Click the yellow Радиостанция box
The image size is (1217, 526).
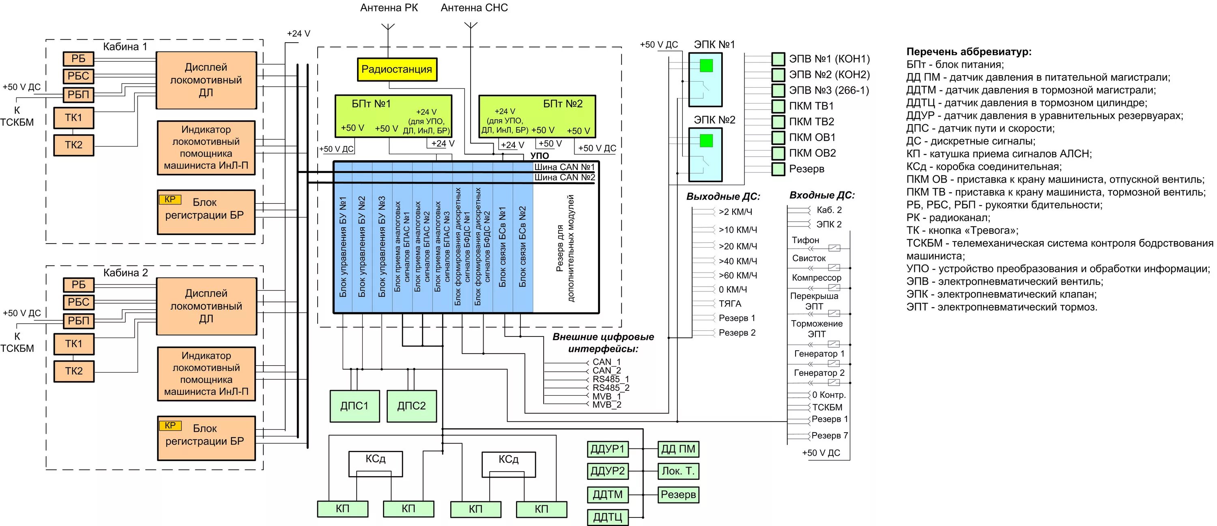397,69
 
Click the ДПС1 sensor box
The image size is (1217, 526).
354,406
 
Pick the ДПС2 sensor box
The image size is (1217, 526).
411,406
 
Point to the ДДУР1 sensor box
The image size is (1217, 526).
608,449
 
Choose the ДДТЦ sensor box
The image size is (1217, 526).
608,517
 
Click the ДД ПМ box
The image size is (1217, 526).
678,449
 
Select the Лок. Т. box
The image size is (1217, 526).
678,471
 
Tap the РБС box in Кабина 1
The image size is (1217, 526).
78,76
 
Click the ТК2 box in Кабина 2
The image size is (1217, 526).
74,371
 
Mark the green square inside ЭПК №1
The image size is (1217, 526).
706,65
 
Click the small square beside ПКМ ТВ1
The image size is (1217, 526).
778,106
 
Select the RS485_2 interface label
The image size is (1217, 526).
611,388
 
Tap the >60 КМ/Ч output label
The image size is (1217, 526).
738,276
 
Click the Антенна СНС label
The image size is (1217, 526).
474,8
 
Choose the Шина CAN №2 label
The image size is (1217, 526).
565,178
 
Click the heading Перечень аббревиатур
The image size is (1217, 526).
968,52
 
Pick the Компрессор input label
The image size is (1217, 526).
816,278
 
